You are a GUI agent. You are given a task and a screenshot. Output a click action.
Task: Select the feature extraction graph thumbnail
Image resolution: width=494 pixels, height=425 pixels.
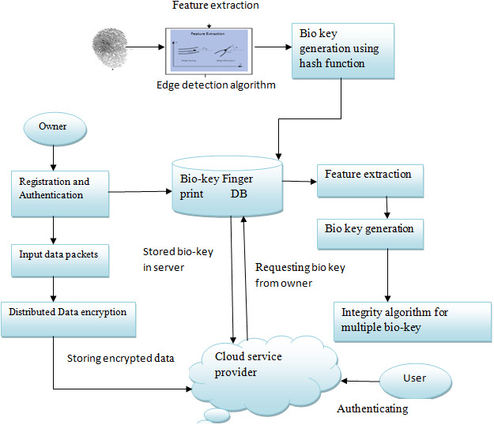click(211, 51)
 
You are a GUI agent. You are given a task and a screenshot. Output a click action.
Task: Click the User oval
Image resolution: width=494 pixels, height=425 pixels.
click(415, 378)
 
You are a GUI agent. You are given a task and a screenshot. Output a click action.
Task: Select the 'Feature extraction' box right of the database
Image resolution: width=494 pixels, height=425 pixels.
click(368, 181)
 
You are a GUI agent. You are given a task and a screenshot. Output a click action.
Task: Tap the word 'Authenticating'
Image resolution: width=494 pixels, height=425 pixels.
click(371, 409)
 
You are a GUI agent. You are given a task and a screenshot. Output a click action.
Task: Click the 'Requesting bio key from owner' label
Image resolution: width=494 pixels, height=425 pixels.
click(300, 275)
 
